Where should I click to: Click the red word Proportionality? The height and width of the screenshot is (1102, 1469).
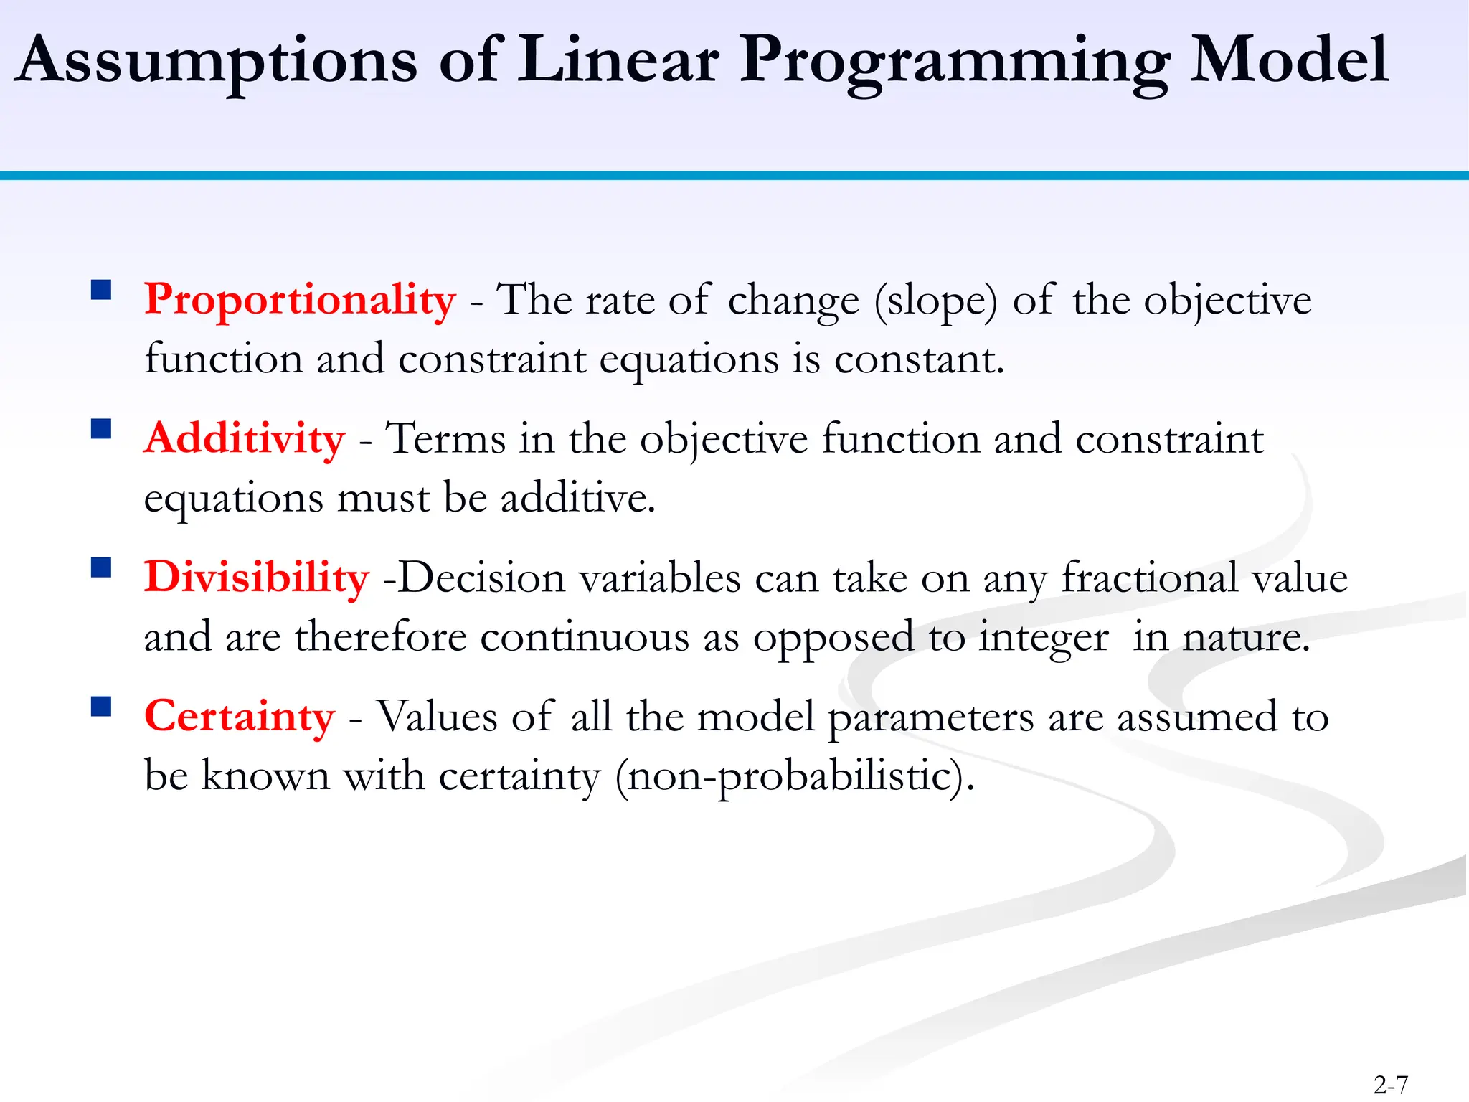(x=300, y=300)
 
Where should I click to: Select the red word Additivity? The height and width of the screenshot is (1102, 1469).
(x=245, y=438)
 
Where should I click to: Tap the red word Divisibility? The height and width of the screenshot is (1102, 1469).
(x=257, y=578)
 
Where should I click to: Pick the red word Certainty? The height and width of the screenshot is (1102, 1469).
(x=240, y=716)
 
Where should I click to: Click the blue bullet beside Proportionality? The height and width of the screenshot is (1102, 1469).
(x=101, y=289)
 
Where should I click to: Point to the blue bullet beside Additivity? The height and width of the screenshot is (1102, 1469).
(x=101, y=428)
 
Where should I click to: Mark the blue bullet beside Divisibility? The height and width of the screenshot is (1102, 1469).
(x=101, y=568)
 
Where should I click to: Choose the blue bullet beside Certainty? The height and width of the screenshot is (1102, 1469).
(x=101, y=707)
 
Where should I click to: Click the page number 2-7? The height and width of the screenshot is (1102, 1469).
(x=1391, y=1085)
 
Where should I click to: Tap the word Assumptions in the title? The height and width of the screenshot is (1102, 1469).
(x=215, y=61)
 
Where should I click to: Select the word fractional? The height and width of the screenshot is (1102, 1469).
(x=1149, y=578)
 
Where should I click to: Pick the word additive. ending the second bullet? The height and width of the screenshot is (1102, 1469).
(x=578, y=498)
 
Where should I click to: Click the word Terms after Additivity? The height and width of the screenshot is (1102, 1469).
(x=445, y=438)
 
